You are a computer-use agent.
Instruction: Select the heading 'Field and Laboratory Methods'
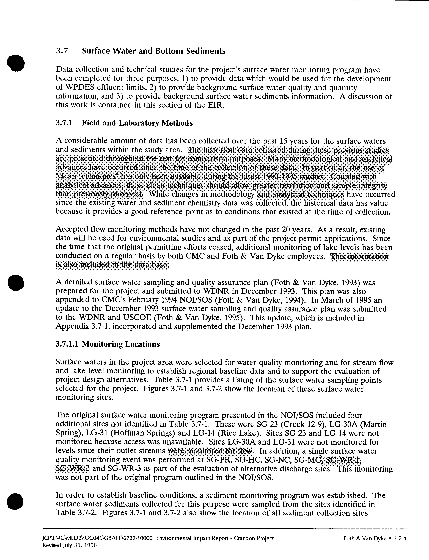point(137,123)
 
